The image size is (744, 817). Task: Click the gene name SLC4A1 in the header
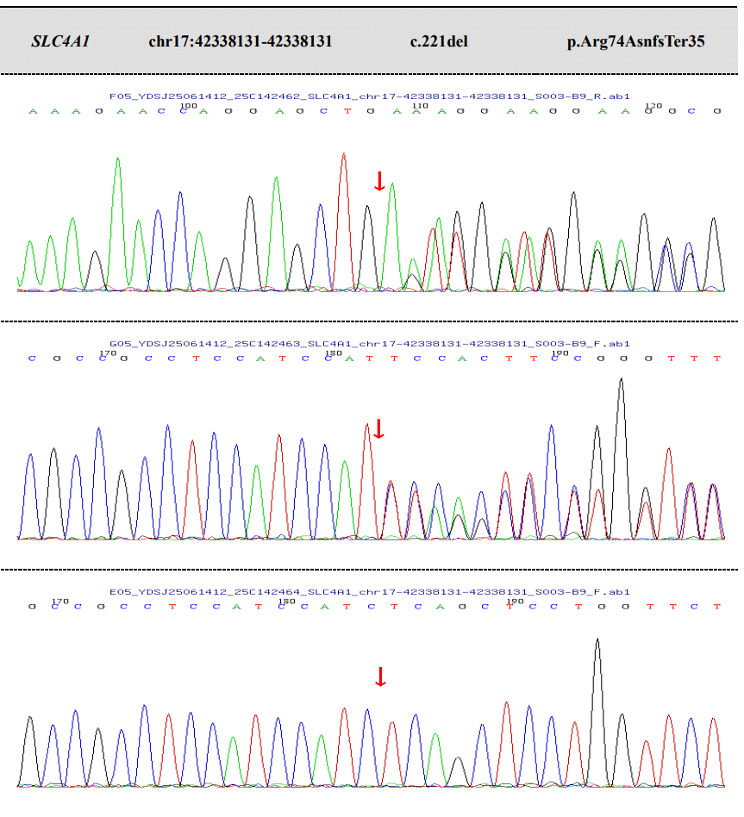pyautogui.click(x=60, y=41)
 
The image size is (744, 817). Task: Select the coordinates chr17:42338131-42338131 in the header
pyautogui.click(x=240, y=41)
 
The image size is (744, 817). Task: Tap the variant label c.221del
pyautogui.click(x=439, y=41)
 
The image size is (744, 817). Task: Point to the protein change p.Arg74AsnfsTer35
pyautogui.click(x=635, y=41)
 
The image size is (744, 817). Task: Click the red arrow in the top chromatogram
pyautogui.click(x=379, y=181)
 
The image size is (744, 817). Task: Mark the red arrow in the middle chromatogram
pyautogui.click(x=378, y=428)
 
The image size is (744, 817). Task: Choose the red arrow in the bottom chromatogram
pyautogui.click(x=380, y=677)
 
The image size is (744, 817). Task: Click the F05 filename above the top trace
pyautogui.click(x=370, y=97)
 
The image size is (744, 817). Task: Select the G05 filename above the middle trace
pyautogui.click(x=370, y=344)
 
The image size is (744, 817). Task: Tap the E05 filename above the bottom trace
pyautogui.click(x=370, y=592)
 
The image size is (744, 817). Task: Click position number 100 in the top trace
pyautogui.click(x=189, y=105)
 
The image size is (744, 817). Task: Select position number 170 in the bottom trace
pyautogui.click(x=59, y=601)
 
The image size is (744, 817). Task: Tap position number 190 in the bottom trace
pyautogui.click(x=515, y=601)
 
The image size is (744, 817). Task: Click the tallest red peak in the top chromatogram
pyautogui.click(x=343, y=156)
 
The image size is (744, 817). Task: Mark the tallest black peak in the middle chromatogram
pyautogui.click(x=621, y=381)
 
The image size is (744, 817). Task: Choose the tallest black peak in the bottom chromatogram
pyautogui.click(x=597, y=641)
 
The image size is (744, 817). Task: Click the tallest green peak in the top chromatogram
pyautogui.click(x=117, y=160)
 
